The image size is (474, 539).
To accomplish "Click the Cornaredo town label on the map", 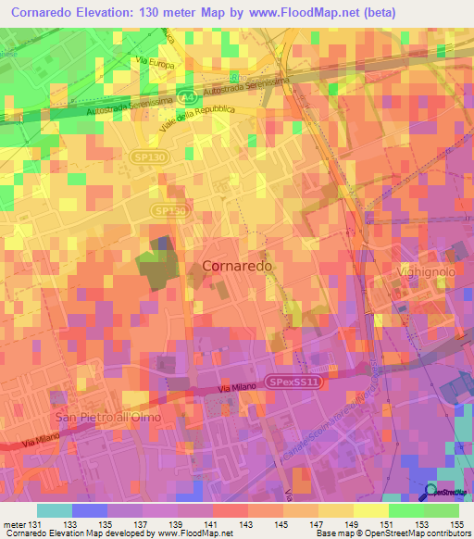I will (x=237, y=266).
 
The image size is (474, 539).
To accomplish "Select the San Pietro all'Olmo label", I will (x=108, y=418).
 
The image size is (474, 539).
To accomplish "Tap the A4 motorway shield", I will (x=188, y=95).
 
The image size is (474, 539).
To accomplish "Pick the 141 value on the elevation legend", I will (x=213, y=523).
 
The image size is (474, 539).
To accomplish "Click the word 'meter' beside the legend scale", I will (x=11, y=523).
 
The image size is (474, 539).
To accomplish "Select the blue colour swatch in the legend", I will (x=89, y=510).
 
